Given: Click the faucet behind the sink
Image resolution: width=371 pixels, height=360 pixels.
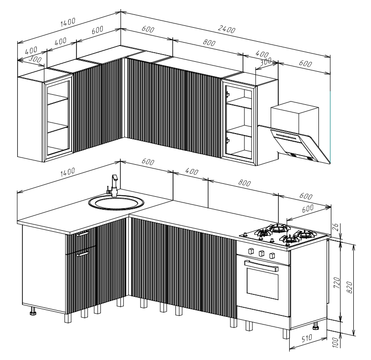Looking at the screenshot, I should click(114, 184).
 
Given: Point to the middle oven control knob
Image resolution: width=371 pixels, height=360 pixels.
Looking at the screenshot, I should click(262, 254).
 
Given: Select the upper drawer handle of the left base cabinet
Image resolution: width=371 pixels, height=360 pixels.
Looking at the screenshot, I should click(82, 234).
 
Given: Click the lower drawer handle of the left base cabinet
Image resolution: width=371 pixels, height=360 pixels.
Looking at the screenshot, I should click(83, 254).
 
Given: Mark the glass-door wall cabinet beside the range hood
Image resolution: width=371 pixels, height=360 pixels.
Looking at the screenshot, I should click(238, 121).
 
